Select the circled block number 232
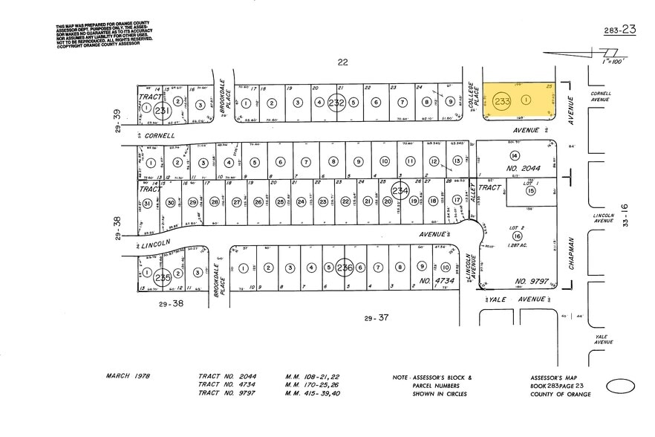(336, 103)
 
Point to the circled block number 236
(344, 267)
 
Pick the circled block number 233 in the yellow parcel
(502, 100)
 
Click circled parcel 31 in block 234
(148, 203)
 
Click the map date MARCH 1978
(128, 376)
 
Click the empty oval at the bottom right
(620, 386)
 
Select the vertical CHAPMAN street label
(571, 257)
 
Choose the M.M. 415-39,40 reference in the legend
(313, 393)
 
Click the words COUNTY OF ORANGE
(561, 394)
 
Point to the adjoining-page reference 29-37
(377, 318)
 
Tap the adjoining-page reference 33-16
(625, 218)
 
